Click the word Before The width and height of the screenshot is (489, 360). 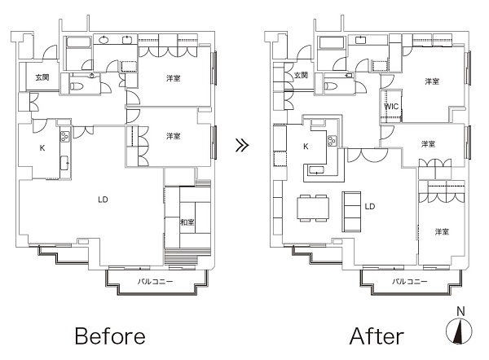[110, 336]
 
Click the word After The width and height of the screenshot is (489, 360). [377, 336]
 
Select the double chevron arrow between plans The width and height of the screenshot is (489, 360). [242, 145]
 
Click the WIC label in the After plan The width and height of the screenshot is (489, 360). [391, 107]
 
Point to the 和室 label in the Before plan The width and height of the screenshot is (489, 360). [187, 222]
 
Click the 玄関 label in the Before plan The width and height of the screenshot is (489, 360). [42, 77]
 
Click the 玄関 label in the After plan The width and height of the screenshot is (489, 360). [301, 75]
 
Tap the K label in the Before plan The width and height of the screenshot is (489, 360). [42, 148]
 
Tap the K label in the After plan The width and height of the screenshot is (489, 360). [306, 147]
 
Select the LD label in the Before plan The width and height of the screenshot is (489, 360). [103, 200]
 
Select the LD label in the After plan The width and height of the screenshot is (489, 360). [370, 206]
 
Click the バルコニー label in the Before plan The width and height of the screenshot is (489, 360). [156, 282]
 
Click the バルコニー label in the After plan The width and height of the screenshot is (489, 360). [409, 282]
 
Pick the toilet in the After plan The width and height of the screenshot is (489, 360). [331, 86]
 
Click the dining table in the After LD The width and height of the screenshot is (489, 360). [313, 208]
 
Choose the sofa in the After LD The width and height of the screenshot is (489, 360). [352, 211]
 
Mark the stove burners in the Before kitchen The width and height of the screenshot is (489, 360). [65, 137]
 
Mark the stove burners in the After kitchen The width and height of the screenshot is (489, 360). [332, 141]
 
